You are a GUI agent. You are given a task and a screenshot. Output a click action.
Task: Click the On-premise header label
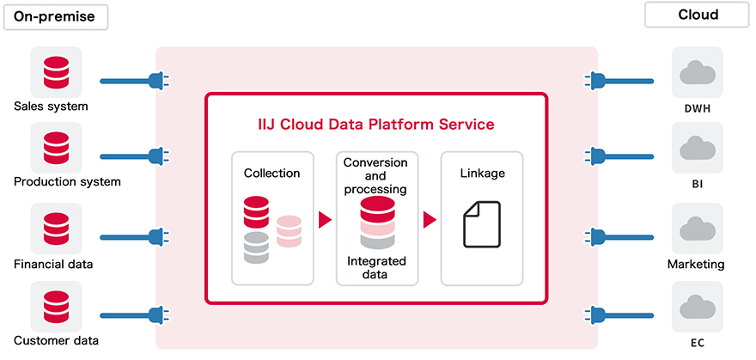tap(53, 15)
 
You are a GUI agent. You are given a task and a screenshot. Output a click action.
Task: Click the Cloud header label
tap(697, 15)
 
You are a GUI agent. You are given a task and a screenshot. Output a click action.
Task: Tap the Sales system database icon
tap(56, 72)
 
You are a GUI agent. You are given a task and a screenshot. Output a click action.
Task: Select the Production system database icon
tap(56, 147)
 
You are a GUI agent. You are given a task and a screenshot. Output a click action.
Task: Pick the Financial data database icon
tap(56, 229)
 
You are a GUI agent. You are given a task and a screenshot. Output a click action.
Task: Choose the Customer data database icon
tap(56, 306)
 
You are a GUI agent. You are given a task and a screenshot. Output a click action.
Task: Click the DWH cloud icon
tap(697, 73)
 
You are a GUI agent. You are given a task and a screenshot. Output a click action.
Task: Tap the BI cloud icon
tap(697, 148)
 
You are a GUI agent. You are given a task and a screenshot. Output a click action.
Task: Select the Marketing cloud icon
tap(697, 229)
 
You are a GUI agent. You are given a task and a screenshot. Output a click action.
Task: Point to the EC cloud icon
tap(697, 306)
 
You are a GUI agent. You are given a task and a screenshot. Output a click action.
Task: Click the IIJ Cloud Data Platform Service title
tap(376, 125)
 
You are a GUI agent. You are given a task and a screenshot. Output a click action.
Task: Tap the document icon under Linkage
tap(481, 223)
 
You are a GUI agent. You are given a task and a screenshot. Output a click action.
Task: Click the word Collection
tap(272, 173)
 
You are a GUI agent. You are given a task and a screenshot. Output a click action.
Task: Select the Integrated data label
tap(376, 267)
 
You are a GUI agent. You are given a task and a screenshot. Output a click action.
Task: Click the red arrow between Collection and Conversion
tap(325, 220)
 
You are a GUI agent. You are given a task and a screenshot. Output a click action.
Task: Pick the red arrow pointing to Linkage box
tap(430, 220)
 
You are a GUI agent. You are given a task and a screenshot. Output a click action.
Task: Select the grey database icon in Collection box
tap(256, 247)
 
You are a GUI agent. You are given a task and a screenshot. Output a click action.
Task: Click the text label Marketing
tap(696, 264)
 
